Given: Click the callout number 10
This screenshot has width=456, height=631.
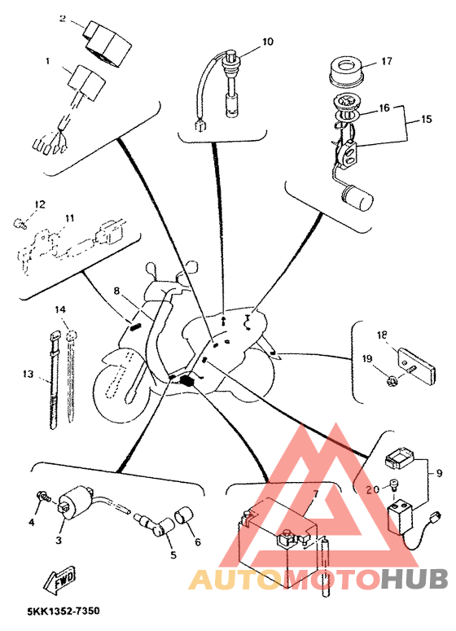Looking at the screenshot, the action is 268,42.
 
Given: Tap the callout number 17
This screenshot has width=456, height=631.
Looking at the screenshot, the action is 386,61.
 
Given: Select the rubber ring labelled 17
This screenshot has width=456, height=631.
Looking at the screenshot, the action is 345,71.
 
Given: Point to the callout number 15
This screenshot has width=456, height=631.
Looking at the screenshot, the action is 426,119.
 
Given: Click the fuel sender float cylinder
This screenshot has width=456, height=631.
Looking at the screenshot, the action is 357,198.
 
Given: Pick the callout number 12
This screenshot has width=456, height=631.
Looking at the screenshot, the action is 40,205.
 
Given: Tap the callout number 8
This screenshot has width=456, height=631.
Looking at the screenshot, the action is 116,291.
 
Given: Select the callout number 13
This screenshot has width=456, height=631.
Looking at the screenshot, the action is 28,375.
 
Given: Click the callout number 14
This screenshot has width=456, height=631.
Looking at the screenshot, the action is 60,309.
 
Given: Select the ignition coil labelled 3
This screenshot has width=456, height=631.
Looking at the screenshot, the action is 76,500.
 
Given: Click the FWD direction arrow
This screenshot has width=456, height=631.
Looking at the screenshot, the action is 60,579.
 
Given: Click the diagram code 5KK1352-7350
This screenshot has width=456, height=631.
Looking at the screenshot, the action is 64,611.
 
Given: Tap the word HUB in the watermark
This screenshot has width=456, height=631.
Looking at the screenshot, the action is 414,579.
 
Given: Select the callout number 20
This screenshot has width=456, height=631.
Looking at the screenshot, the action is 373,489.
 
